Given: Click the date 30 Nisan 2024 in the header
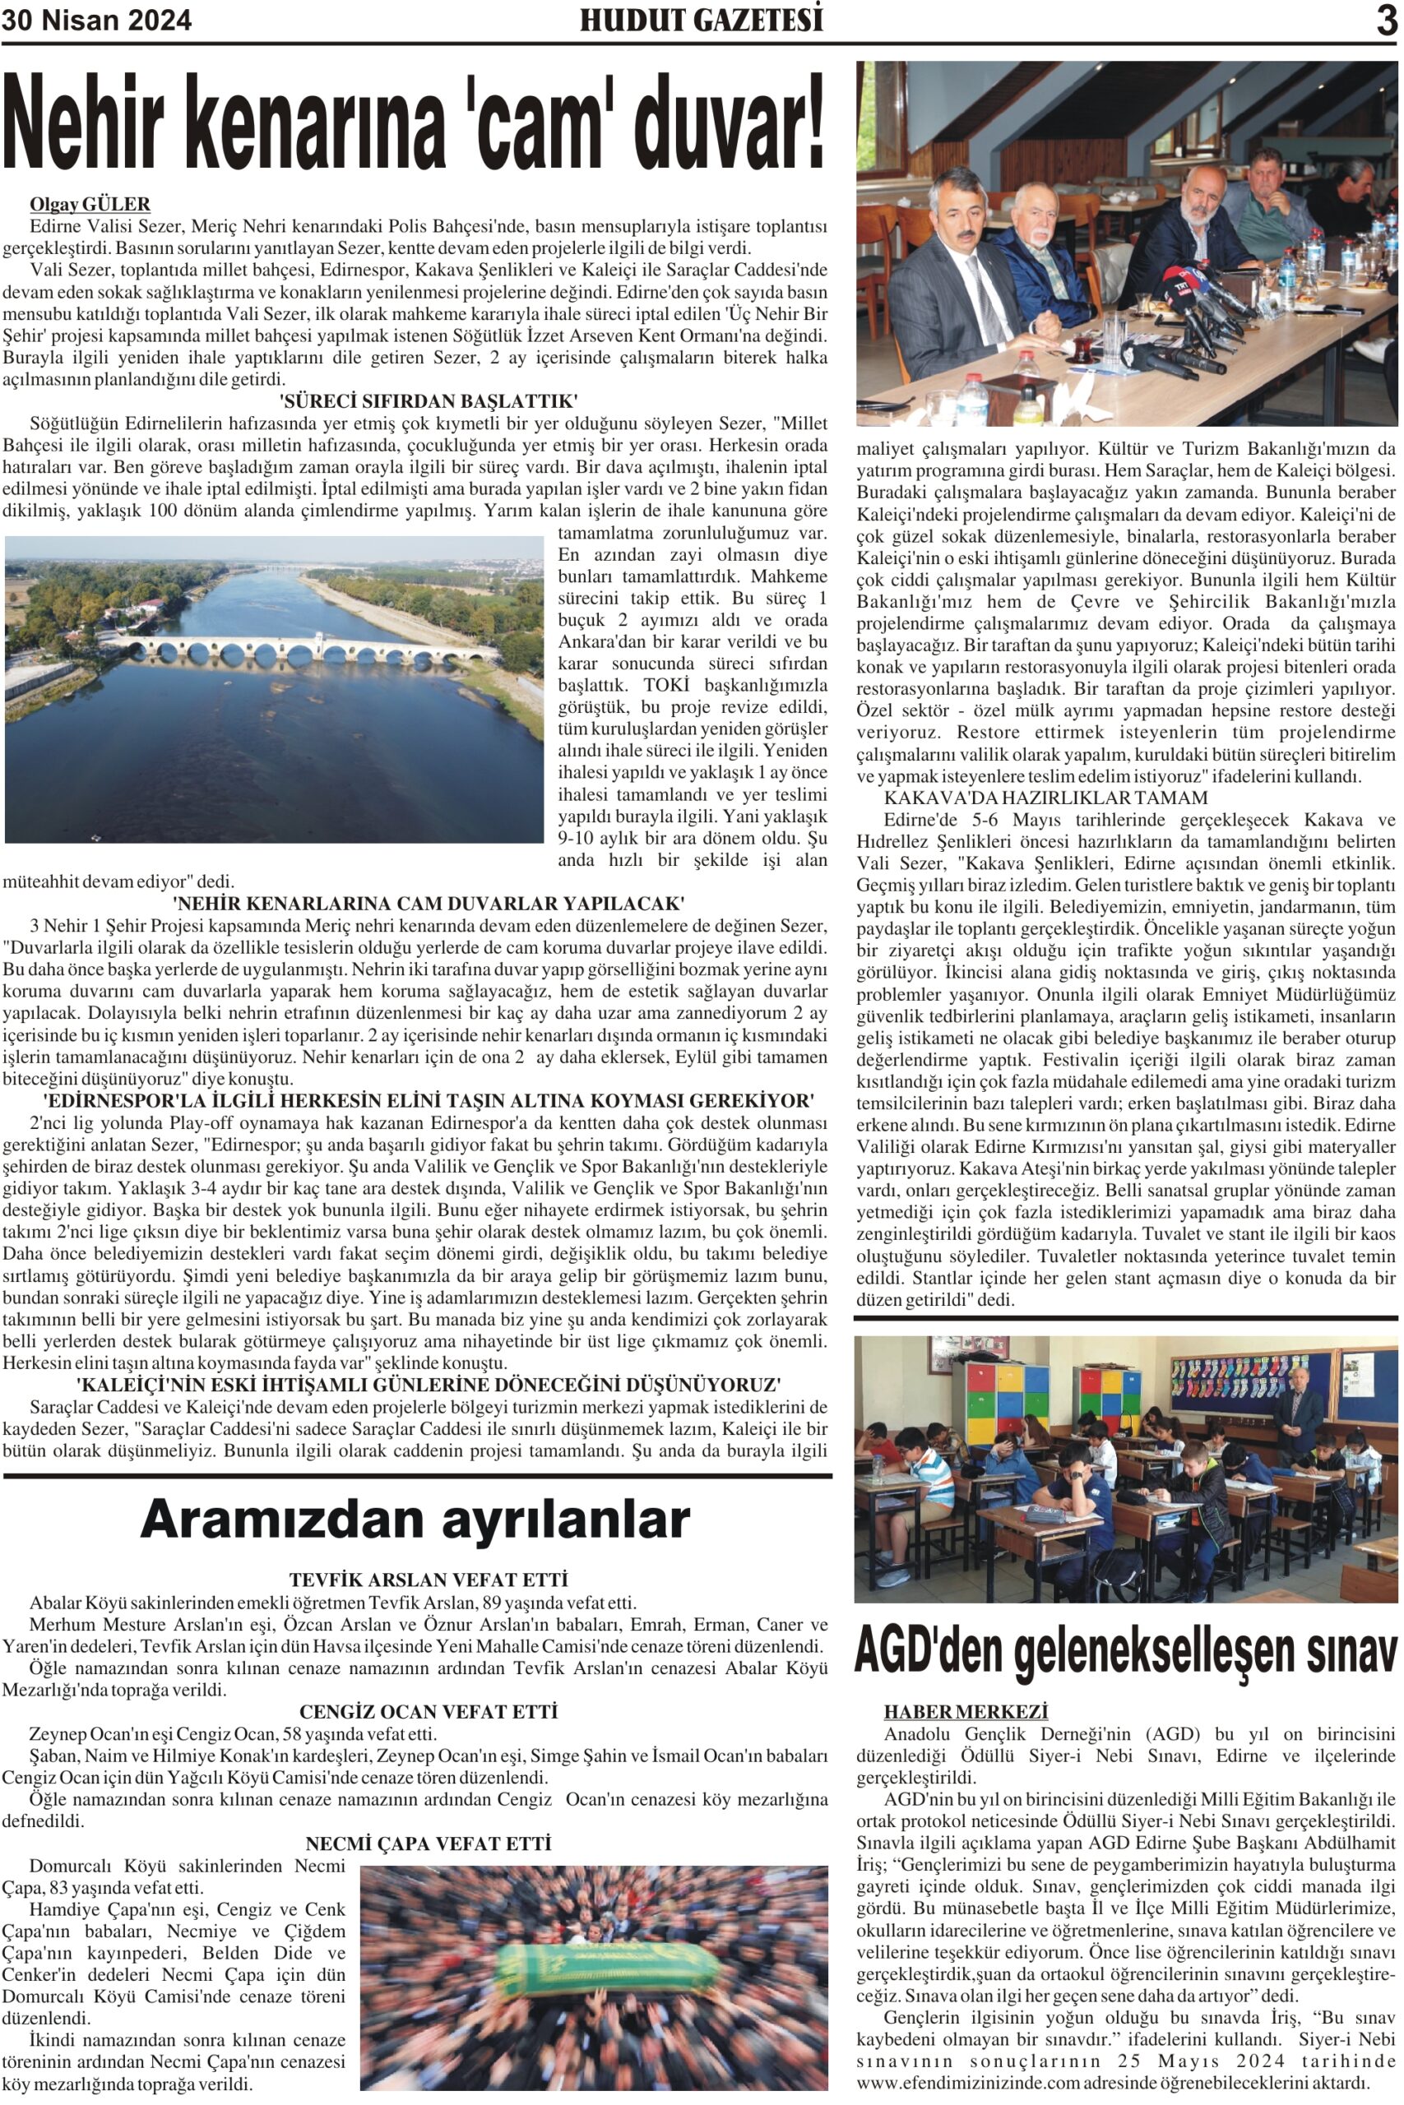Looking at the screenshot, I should pos(97,20).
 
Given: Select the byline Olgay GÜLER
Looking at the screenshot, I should pos(90,204).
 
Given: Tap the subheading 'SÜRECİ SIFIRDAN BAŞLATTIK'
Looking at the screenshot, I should pos(429,400).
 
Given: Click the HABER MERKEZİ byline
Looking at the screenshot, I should pos(966,1711).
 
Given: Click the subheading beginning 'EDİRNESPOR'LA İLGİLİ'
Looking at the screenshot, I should pos(429,1100).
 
